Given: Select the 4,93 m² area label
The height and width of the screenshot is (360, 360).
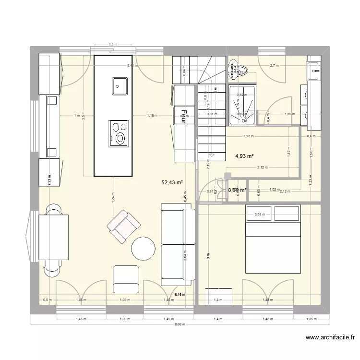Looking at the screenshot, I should tap(244, 156).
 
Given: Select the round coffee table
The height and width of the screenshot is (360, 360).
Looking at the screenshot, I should tap(143, 248).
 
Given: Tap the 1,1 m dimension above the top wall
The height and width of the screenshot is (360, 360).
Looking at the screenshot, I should tap(113, 45).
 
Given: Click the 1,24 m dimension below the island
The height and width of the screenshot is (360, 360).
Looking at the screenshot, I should tap(113, 201).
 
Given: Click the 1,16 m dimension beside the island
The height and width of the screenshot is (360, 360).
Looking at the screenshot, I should tap(153, 116).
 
